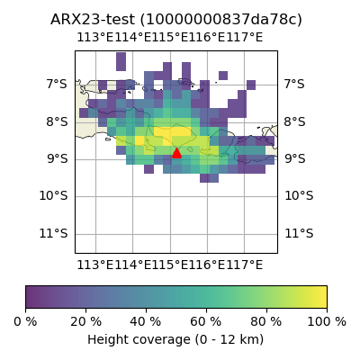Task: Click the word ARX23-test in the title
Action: pyautogui.click(x=93, y=20)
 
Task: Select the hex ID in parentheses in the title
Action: pyautogui.click(x=221, y=20)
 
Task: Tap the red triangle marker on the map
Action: pyautogui.click(x=176, y=153)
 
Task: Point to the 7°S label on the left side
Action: pyautogui.click(x=57, y=85)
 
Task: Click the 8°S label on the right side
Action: pyautogui.click(x=295, y=122)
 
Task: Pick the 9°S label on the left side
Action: pyautogui.click(x=57, y=158)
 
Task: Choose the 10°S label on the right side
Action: pyautogui.click(x=299, y=196)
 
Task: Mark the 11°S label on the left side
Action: pyautogui.click(x=54, y=233)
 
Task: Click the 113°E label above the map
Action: pyautogui.click(x=95, y=38)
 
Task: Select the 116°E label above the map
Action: pyautogui.click(x=207, y=38)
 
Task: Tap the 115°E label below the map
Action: pyautogui.click(x=170, y=265)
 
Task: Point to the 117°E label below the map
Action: pyautogui.click(x=245, y=265)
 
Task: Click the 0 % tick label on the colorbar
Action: pyautogui.click(x=25, y=322)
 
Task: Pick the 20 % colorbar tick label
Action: pyautogui.click(x=86, y=322)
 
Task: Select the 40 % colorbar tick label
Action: pyautogui.click(x=146, y=322)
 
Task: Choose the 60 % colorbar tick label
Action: pyautogui.click(x=206, y=322)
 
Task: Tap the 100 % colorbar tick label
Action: pyautogui.click(x=327, y=322)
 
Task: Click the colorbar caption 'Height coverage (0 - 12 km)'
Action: pyautogui.click(x=175, y=340)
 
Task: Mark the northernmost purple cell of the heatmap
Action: pyautogui.click(x=121, y=62)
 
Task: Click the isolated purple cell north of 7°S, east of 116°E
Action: pyautogui.click(x=223, y=76)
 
